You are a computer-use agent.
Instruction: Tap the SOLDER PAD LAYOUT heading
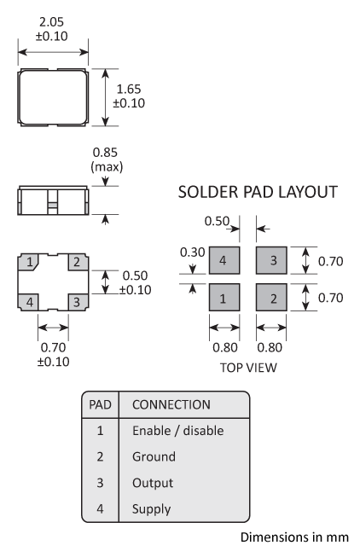point(257,193)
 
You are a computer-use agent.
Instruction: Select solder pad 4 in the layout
point(223,259)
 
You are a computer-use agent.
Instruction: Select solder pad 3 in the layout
point(273,259)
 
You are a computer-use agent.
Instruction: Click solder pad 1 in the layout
point(223,299)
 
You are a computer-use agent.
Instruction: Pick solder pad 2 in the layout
point(273,299)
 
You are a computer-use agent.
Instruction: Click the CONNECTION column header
point(171,403)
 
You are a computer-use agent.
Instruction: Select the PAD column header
point(101,403)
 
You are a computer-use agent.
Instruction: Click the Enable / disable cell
point(177,431)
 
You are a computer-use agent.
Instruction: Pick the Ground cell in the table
point(154,456)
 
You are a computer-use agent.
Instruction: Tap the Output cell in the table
point(153,483)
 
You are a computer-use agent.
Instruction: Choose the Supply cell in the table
point(151,509)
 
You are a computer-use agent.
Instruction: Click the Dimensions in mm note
point(294,537)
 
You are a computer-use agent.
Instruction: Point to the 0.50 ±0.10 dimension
point(133,282)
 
